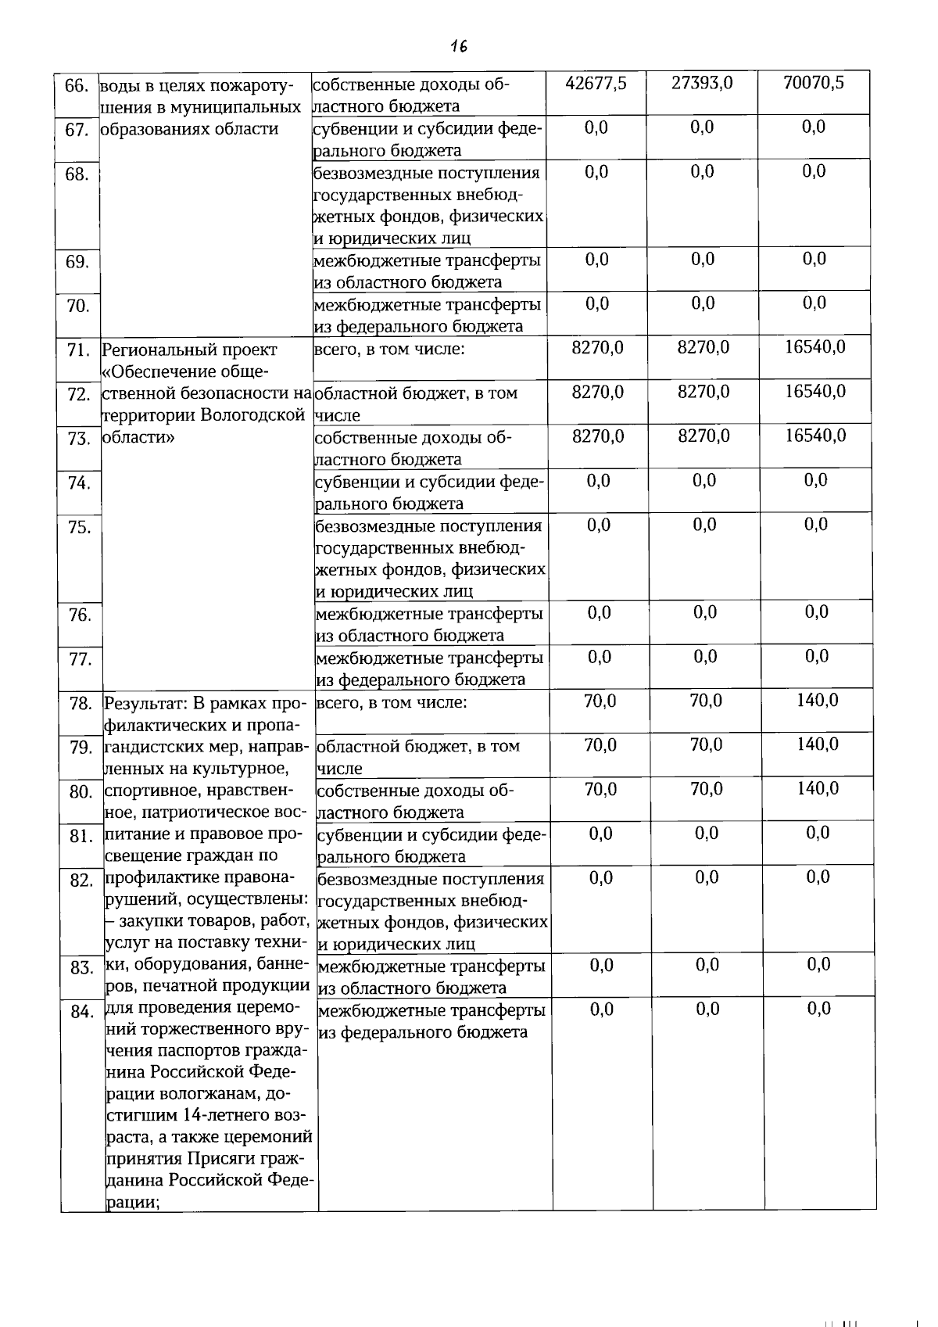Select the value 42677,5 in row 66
click(x=596, y=83)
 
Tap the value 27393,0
click(x=702, y=83)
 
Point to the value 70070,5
click(x=814, y=83)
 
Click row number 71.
click(x=77, y=350)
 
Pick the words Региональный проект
click(x=190, y=350)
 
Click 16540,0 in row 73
click(x=815, y=436)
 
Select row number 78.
click(x=81, y=704)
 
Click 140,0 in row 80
click(x=818, y=789)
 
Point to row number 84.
click(x=81, y=1013)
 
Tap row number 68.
click(x=77, y=174)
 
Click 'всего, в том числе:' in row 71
click(x=389, y=349)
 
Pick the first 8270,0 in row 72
click(x=597, y=392)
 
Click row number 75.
click(x=79, y=528)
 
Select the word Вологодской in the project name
click(x=252, y=415)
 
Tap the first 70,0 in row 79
click(x=600, y=745)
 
